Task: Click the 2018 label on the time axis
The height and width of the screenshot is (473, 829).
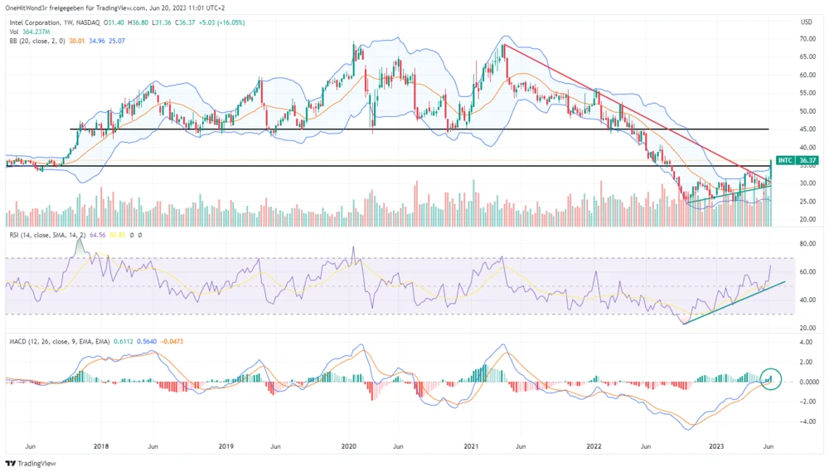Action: (101, 445)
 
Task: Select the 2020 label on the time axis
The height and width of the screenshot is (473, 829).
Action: (348, 445)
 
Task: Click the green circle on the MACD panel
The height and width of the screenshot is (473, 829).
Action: (772, 379)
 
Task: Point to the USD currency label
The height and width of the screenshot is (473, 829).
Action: (806, 21)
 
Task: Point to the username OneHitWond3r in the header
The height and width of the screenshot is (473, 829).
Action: (33, 7)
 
